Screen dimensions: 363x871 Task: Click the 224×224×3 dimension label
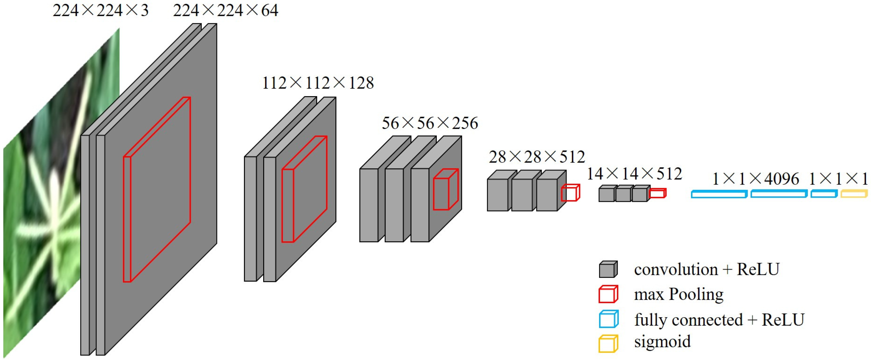100,10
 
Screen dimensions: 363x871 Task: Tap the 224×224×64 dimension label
226,10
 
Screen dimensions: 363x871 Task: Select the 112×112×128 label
318,83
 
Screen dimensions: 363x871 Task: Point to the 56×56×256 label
430,123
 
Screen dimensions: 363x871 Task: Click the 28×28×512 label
537,157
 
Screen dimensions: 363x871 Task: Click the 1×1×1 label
838,179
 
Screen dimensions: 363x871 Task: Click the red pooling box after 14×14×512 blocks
657,193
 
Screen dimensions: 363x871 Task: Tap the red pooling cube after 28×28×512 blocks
570,193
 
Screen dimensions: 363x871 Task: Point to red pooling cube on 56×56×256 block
446,190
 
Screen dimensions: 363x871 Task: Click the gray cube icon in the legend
608,269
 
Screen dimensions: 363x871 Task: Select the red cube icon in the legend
608,294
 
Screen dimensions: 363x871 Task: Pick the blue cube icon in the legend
608,319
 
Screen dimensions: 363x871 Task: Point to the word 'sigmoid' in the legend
662,341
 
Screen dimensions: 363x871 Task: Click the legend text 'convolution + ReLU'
707,269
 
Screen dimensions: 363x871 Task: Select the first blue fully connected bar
719,194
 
